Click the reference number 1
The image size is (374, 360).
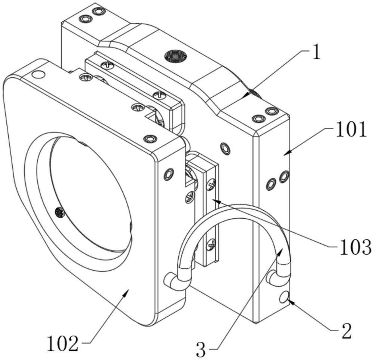pyautogui.click(x=316, y=53)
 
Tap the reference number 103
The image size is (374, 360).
pyautogui.click(x=355, y=247)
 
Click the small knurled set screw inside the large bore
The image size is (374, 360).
pyautogui.click(x=59, y=213)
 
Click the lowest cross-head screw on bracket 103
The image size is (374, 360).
pyautogui.click(x=211, y=243)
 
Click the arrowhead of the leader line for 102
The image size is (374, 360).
pyautogui.click(x=127, y=292)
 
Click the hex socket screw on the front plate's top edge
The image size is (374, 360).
pyautogui.click(x=150, y=139)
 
